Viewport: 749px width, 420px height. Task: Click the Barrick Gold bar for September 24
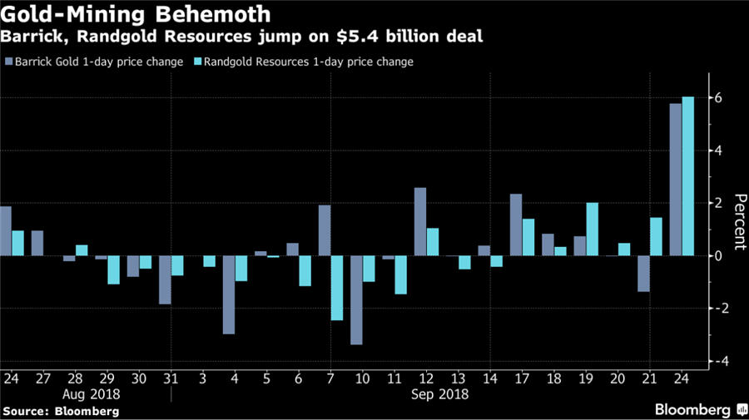[x=676, y=180]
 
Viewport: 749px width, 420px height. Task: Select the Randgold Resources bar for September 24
[x=688, y=176]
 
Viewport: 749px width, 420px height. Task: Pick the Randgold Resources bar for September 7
[x=337, y=288]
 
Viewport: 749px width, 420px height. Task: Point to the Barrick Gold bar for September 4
[x=229, y=294]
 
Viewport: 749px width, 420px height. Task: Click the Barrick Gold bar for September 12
[x=420, y=221]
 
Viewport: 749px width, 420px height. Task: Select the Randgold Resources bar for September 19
[x=593, y=229]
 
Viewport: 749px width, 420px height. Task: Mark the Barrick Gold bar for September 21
[x=643, y=274]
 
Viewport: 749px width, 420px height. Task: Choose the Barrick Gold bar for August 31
[x=165, y=279]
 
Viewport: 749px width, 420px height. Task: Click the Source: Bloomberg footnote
[x=60, y=411]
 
